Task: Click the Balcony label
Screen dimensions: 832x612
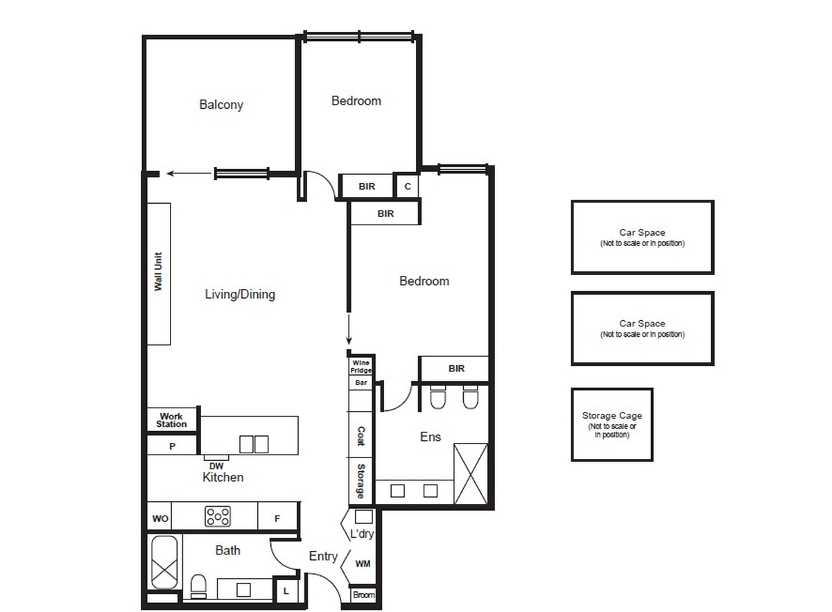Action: pos(221,105)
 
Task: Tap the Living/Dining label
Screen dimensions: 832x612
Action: pos(240,294)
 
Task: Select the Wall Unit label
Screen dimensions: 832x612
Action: pos(158,272)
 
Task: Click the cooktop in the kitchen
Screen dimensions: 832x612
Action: pos(218,516)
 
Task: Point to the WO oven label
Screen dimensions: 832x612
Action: pos(160,519)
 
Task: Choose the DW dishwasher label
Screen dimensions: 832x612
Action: pos(216,466)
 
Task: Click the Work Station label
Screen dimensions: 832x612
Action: pos(171,420)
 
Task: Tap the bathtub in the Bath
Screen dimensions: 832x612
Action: pos(164,562)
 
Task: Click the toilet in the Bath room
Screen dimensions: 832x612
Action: pos(199,586)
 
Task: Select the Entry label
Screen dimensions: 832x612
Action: pos(323,556)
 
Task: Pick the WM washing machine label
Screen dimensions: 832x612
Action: pos(363,563)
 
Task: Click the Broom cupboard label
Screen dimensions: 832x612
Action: pos(363,595)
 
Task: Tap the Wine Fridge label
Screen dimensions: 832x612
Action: pos(361,367)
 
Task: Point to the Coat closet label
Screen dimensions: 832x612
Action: pos(361,435)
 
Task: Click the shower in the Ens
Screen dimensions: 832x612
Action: pos(471,474)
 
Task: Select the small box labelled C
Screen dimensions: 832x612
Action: pos(407,186)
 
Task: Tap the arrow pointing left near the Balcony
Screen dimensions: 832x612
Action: pos(189,173)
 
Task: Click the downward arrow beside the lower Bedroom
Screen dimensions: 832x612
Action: pos(349,330)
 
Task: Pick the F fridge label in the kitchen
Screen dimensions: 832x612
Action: pos(277,519)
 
